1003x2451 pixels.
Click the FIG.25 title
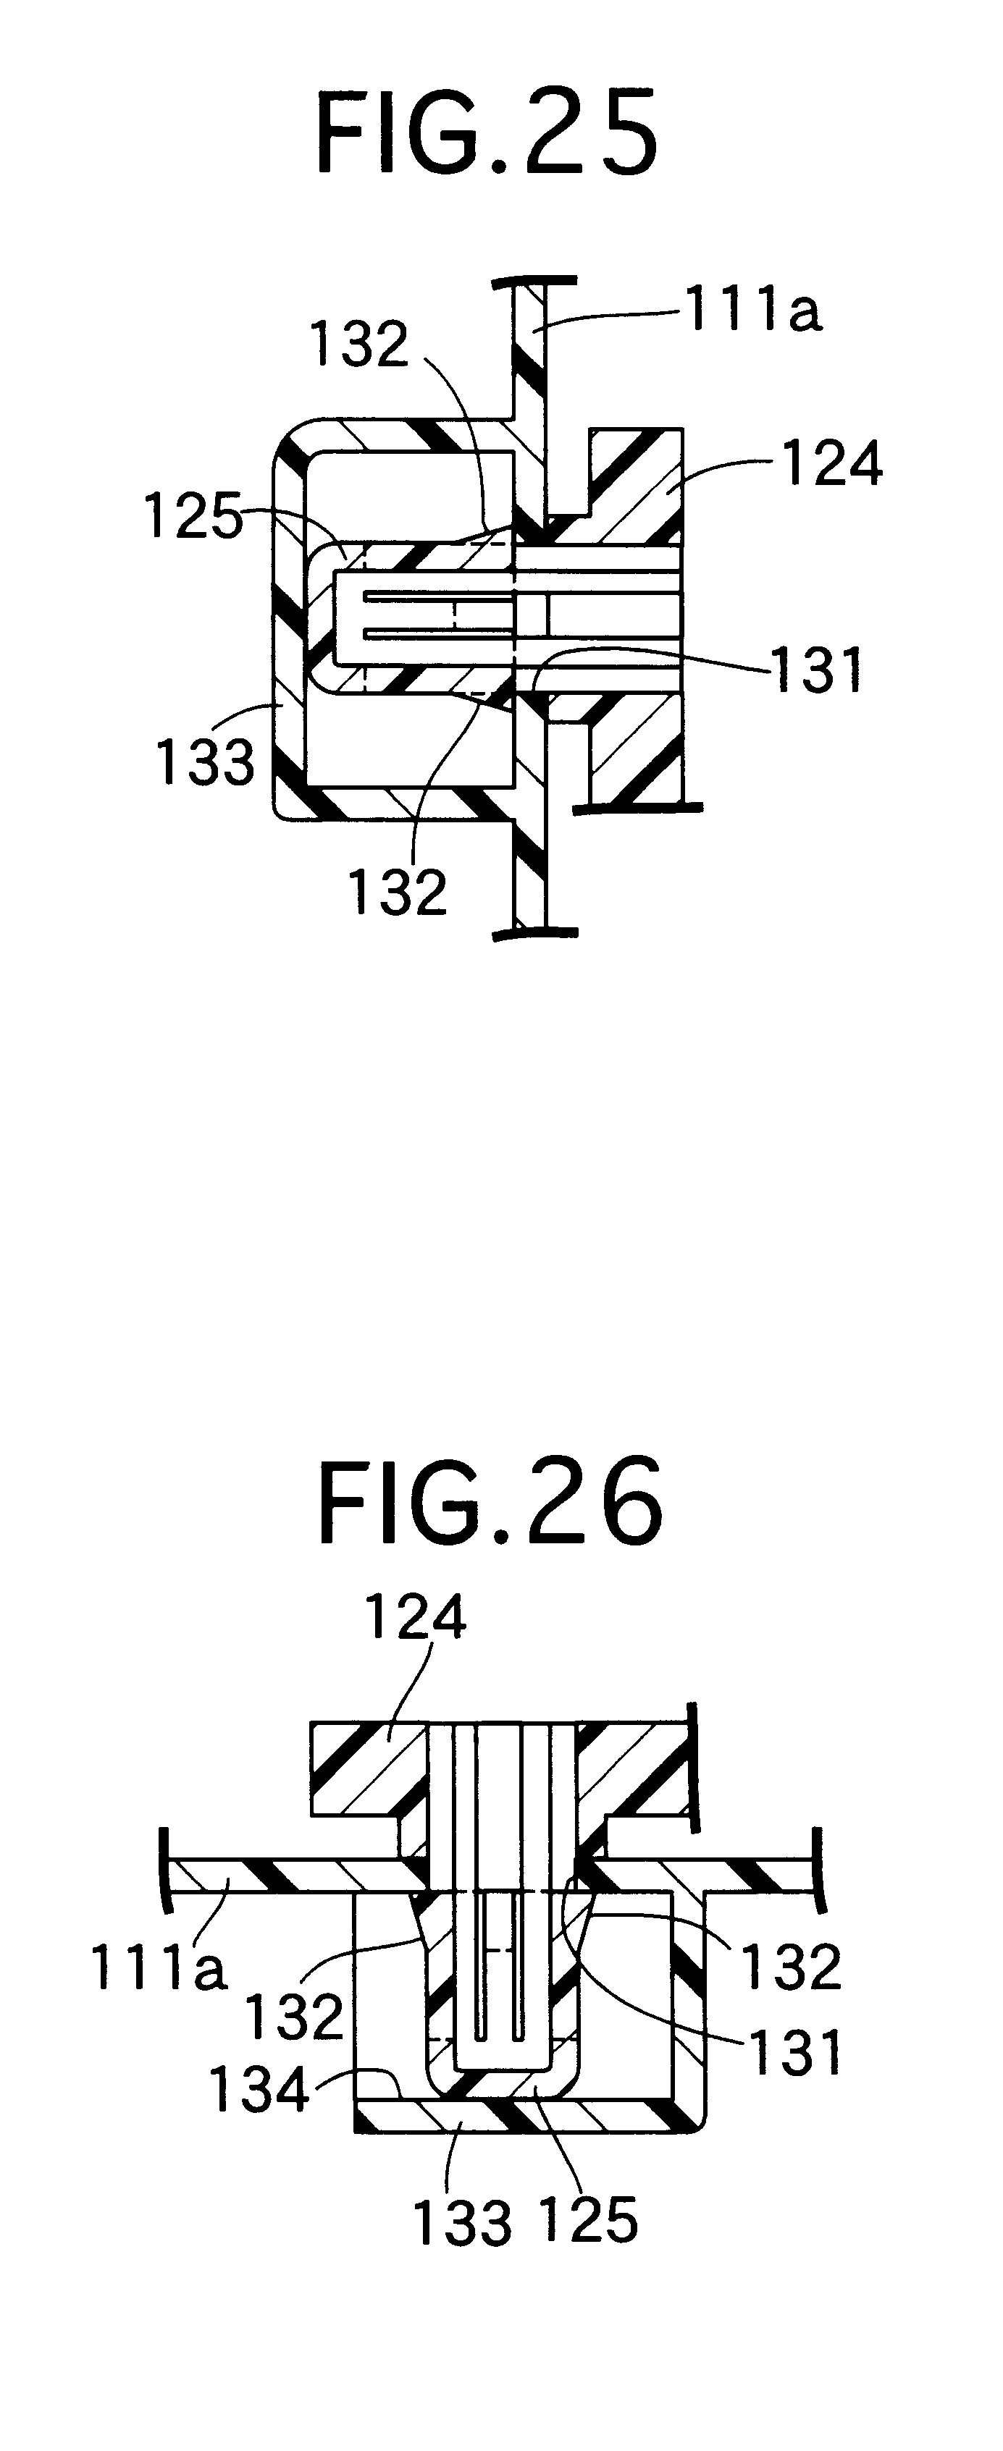486,136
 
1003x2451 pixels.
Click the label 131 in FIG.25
815,668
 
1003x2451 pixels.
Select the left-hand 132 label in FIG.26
294,2015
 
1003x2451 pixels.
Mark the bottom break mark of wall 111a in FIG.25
537,931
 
